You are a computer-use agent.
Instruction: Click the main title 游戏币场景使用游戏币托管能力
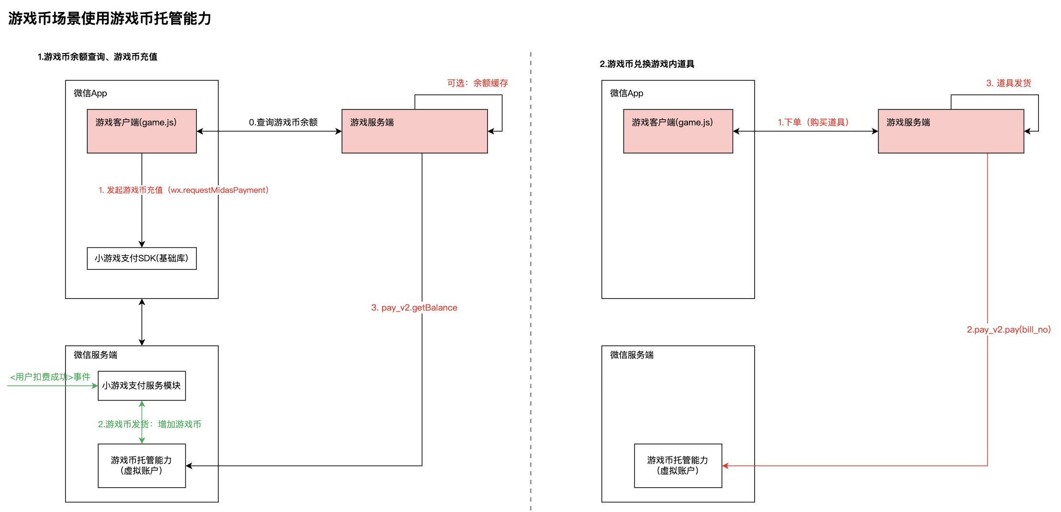coord(110,19)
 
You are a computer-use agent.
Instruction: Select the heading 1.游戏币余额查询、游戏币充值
coord(98,57)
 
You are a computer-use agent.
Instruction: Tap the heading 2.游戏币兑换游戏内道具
coord(647,64)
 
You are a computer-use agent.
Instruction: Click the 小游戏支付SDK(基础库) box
coord(142,258)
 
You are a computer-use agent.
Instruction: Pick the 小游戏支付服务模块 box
coord(142,386)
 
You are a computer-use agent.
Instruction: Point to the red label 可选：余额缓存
coord(477,83)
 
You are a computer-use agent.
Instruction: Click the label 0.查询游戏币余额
coord(283,122)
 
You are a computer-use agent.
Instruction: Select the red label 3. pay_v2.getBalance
coord(414,308)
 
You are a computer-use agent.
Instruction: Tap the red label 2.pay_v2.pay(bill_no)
coord(1008,330)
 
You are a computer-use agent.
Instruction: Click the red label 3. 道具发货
coord(1008,83)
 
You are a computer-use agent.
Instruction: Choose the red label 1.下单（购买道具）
coord(813,122)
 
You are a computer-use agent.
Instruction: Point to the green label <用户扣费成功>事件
coord(50,377)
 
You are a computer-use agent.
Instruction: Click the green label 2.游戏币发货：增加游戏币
coord(149,424)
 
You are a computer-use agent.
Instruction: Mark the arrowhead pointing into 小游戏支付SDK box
coord(142,245)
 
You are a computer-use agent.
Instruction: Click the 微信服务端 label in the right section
coord(632,355)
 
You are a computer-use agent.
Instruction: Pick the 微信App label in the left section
coord(90,93)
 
